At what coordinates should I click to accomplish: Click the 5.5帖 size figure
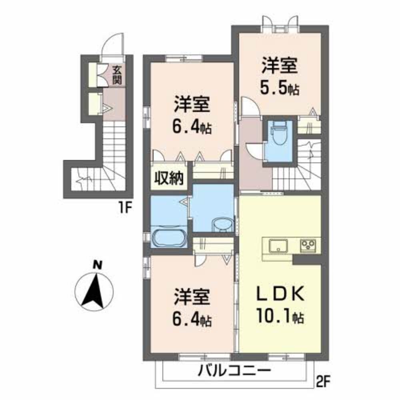tap(280, 88)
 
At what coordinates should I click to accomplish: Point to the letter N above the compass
tap(96, 264)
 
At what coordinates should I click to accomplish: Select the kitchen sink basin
tap(277, 245)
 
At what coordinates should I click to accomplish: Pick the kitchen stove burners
tap(308, 244)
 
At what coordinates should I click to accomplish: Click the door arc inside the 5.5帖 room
tap(250, 106)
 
